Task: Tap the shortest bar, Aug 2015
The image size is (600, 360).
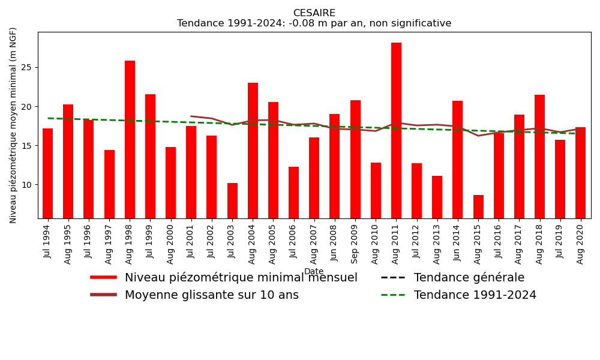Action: point(478,206)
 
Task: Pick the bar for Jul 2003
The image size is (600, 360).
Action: point(232,200)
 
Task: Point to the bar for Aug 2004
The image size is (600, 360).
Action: point(253,151)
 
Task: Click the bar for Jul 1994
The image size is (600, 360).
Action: point(48,173)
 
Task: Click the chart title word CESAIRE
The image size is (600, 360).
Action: point(314,13)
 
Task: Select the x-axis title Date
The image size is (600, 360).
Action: point(314,272)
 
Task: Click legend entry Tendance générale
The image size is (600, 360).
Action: point(469,278)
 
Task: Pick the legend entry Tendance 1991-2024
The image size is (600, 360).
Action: point(475,295)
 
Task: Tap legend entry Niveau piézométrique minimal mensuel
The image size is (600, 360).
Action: point(241,278)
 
